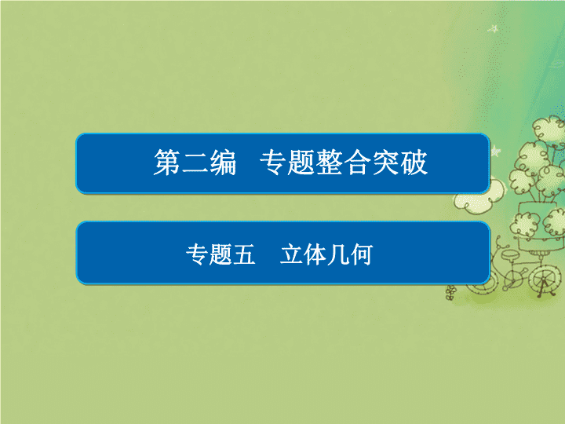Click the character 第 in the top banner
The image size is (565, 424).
(167, 163)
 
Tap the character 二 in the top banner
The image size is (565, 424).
(195, 163)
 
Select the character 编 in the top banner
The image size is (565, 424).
(223, 163)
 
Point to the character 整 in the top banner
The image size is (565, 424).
(330, 163)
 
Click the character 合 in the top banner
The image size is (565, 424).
(358, 163)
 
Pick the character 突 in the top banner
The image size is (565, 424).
(385, 163)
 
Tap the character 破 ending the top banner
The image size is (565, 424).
(414, 163)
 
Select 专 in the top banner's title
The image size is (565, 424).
(273, 163)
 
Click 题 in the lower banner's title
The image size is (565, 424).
(221, 254)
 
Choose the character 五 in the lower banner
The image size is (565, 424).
(244, 255)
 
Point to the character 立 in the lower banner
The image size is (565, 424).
(291, 254)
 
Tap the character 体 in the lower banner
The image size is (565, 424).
(315, 254)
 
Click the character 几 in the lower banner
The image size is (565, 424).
(338, 254)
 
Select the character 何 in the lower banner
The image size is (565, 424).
(362, 254)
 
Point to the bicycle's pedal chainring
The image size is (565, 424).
(512, 278)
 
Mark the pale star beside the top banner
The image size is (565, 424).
(496, 151)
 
